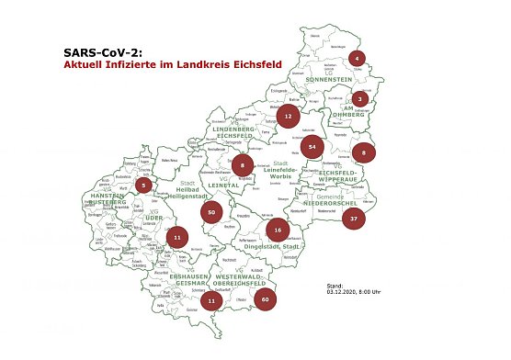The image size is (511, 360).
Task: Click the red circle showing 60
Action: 266,299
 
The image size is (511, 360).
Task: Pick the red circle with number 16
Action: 277,230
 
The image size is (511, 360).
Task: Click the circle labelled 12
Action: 289,117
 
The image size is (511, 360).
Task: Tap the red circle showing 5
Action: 144,185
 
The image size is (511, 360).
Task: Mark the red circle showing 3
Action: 361,98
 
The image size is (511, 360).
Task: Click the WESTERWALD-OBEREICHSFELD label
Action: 242,282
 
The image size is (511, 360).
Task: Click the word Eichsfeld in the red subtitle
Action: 255,66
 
